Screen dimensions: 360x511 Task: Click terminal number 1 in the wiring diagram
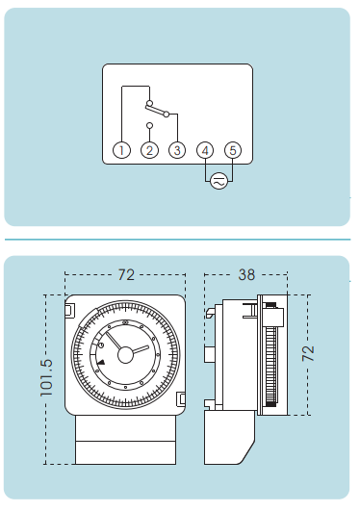point(121,150)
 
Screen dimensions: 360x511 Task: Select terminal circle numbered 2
point(149,150)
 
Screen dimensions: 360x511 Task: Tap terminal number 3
point(177,150)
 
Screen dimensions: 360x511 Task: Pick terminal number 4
point(205,150)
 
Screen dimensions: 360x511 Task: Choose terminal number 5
point(233,150)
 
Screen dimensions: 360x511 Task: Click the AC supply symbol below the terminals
point(219,181)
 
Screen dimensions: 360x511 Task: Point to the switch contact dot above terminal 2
point(149,125)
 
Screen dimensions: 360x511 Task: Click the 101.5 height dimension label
point(46,377)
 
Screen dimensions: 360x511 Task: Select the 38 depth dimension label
point(246,274)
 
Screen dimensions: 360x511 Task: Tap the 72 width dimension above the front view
point(126,274)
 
